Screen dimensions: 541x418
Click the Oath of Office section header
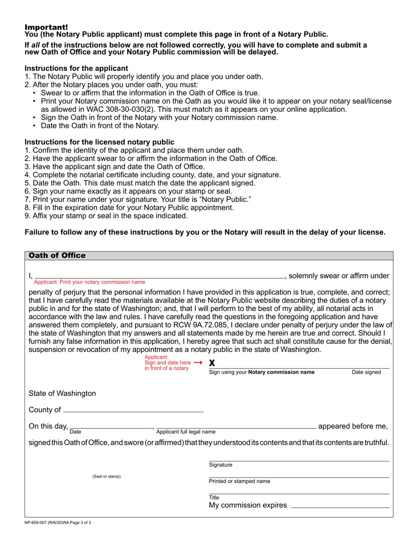pos(57,256)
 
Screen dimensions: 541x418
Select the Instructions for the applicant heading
pos(77,68)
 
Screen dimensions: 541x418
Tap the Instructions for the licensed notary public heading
pos(99,142)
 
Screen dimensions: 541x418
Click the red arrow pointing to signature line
pos(198,362)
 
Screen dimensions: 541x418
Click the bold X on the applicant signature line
pos(212,363)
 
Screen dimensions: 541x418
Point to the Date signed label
pos(366,372)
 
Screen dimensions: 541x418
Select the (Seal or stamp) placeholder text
pos(106,476)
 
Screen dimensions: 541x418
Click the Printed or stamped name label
pos(239,481)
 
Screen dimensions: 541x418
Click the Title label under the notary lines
pos(214,497)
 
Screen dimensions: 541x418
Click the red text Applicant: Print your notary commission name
pos(89,282)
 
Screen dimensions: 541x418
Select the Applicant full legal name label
pos(186,431)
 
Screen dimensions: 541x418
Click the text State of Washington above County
pos(62,393)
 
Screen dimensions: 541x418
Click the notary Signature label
pos(220,465)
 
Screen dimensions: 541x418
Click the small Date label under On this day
pos(75,431)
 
